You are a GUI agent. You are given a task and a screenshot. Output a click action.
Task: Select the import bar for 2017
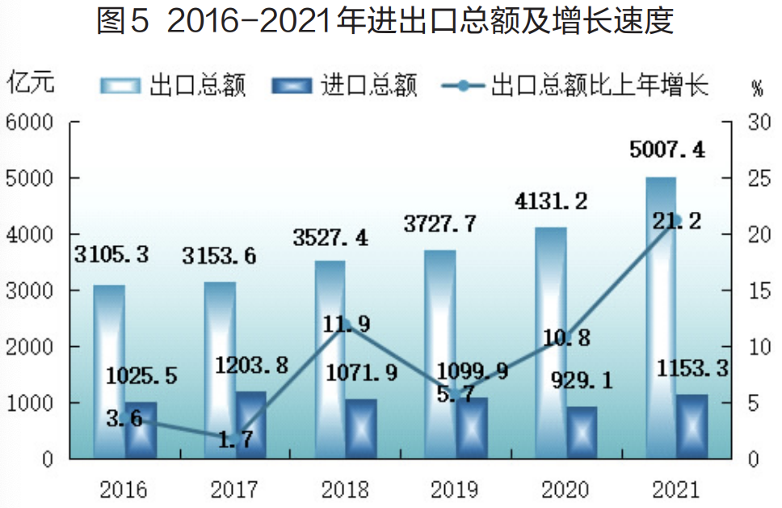tap(250, 425)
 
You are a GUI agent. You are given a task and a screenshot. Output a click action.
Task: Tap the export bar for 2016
tap(109, 372)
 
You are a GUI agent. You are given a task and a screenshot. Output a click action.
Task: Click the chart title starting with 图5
tap(385, 22)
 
